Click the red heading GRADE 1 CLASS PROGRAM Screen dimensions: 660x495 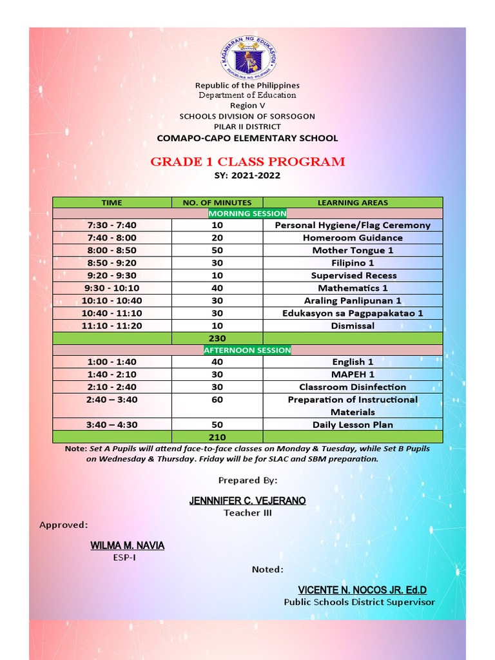click(247, 162)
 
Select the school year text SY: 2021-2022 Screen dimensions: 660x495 click(247, 175)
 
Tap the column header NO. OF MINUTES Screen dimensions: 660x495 click(217, 202)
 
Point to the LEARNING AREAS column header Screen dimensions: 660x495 click(353, 202)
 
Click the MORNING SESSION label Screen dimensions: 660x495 click(247, 213)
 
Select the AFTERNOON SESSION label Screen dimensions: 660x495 click(247, 350)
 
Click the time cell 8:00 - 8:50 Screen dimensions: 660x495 click(112, 250)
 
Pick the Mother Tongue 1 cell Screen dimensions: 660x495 click(353, 250)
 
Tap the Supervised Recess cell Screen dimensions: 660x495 click(353, 275)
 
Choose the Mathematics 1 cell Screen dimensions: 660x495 click(353, 288)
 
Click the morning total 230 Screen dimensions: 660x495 click(217, 338)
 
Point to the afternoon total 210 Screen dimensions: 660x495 click(217, 437)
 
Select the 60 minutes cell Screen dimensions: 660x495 click(217, 400)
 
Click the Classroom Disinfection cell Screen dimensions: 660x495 click(353, 387)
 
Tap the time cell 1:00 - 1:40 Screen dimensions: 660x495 click(112, 362)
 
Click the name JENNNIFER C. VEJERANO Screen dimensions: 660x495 click(247, 501)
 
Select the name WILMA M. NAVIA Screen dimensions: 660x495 click(127, 546)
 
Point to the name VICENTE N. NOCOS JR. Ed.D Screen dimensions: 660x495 click(362, 590)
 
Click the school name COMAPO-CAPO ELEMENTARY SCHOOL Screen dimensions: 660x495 click(247, 138)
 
